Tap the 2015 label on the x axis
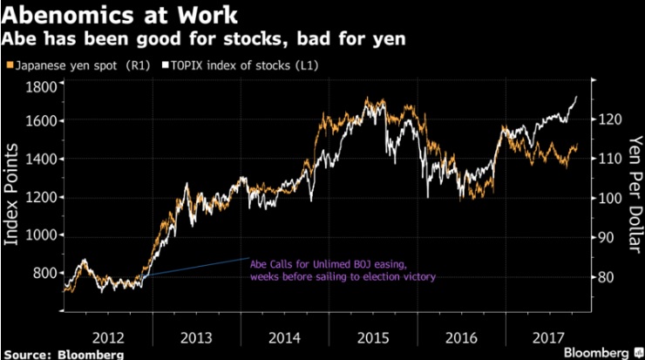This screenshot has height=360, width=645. [372, 336]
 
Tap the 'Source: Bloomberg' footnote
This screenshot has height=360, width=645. [62, 354]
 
